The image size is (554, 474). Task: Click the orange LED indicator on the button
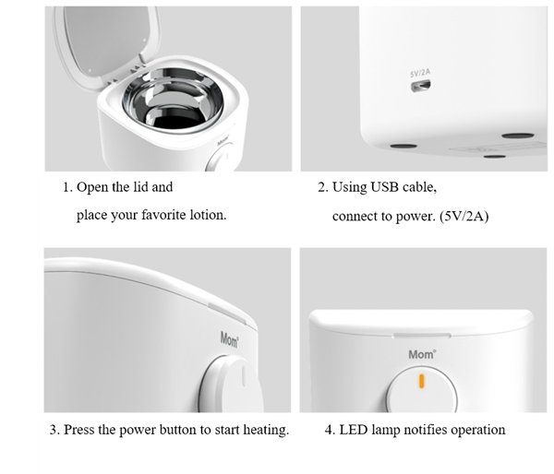[x=421, y=381]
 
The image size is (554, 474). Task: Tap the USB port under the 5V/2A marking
[x=420, y=86]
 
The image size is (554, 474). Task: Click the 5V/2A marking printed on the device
[x=420, y=73]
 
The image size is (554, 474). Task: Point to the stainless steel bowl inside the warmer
[x=173, y=101]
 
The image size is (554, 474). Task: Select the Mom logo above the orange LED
[x=422, y=354]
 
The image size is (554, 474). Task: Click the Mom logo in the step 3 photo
[x=229, y=339]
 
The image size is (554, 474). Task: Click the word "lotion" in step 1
[x=208, y=215]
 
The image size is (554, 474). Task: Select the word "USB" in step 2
[x=383, y=187]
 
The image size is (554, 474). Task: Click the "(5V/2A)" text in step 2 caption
[x=464, y=216]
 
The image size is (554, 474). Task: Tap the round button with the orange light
[x=422, y=390]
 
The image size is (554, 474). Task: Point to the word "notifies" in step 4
[x=425, y=430]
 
